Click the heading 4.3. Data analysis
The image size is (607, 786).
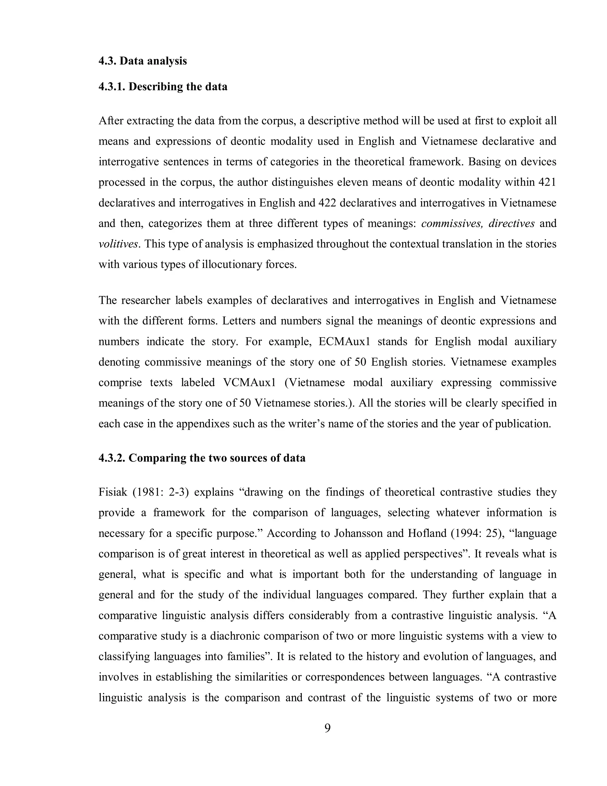click(143, 61)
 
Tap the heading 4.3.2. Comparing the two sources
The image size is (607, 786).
click(202, 458)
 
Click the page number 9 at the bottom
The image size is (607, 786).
click(328, 728)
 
